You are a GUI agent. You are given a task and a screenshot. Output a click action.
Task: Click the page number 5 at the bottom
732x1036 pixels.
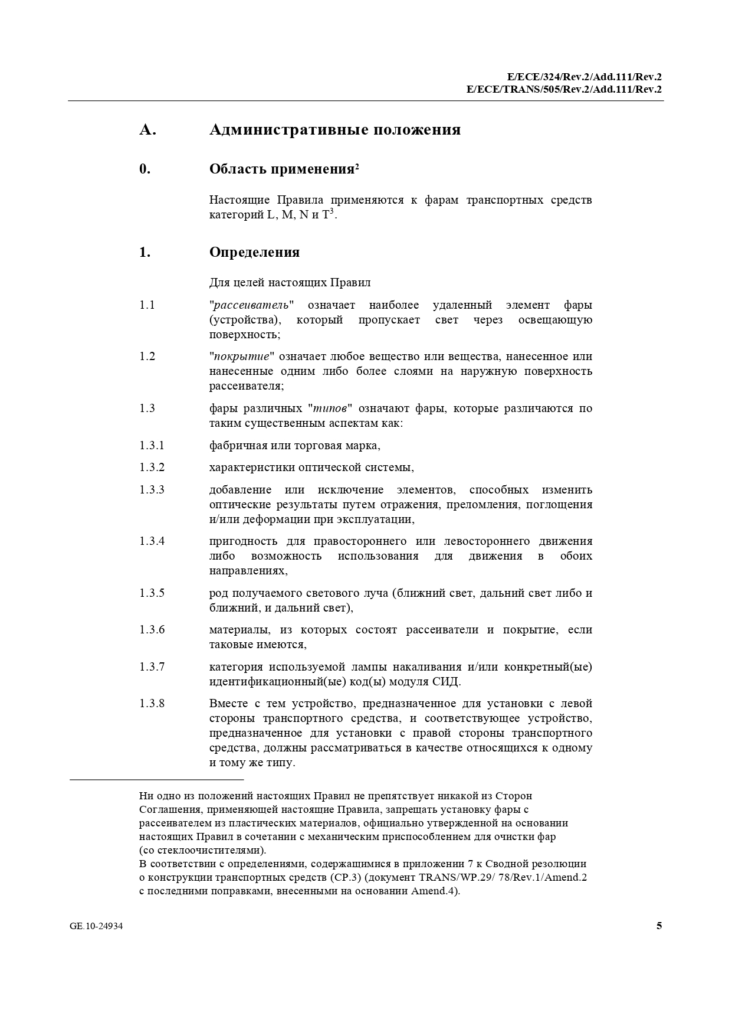point(659,926)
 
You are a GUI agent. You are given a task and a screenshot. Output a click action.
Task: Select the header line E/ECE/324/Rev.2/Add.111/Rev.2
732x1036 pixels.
point(584,77)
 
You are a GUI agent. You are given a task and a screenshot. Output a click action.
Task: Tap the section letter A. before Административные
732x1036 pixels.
point(147,130)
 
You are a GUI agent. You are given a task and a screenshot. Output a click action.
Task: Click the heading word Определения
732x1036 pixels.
point(254,253)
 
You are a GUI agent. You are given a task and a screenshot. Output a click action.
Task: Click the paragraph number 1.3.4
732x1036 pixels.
point(152,541)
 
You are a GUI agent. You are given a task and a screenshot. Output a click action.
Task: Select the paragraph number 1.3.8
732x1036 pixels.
point(152,704)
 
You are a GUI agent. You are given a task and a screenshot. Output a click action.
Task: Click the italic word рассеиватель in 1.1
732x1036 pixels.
point(251,305)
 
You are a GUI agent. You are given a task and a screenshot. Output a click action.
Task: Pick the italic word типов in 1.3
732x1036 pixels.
point(330,408)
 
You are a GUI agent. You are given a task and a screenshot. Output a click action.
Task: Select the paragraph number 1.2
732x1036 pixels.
point(147,357)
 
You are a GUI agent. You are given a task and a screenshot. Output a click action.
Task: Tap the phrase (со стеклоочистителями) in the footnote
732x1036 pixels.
point(202,851)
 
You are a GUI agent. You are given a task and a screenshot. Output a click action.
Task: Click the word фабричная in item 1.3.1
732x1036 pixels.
point(235,446)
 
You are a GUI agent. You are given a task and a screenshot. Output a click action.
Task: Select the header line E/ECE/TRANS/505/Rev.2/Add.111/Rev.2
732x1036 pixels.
point(563,90)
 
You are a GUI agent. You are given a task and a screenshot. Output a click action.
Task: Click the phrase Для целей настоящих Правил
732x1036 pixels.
point(290,283)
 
